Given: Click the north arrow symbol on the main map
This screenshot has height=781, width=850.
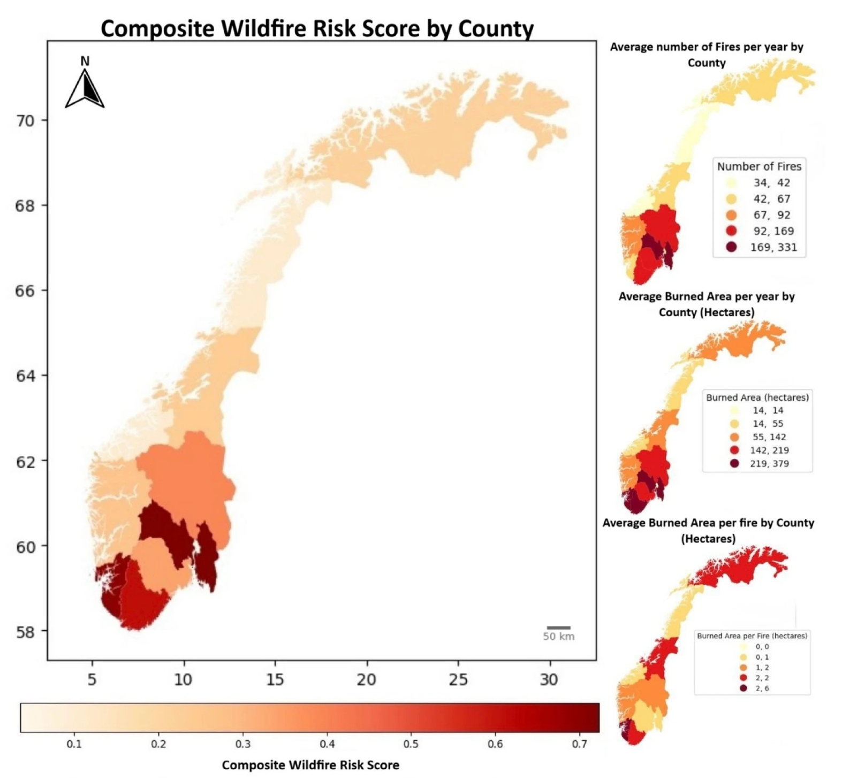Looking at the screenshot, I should [x=85, y=88].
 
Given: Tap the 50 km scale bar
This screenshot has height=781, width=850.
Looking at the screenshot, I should [x=558, y=627].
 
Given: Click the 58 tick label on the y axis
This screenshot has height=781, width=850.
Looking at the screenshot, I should [x=25, y=632].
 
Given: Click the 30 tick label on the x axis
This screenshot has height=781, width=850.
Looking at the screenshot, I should [x=549, y=679].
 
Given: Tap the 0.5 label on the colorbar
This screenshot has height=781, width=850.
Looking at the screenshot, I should [x=411, y=744].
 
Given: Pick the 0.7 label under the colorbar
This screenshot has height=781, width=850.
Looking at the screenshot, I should [x=579, y=744].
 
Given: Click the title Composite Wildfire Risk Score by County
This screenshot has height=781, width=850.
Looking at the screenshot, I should [x=317, y=28].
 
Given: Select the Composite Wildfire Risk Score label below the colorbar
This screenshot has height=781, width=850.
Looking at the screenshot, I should [x=310, y=765].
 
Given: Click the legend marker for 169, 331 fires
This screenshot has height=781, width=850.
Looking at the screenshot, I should [x=731, y=247].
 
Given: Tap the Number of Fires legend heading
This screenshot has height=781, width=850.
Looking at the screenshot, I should [x=759, y=166].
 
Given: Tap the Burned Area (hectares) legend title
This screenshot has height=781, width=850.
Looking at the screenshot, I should [x=757, y=397].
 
